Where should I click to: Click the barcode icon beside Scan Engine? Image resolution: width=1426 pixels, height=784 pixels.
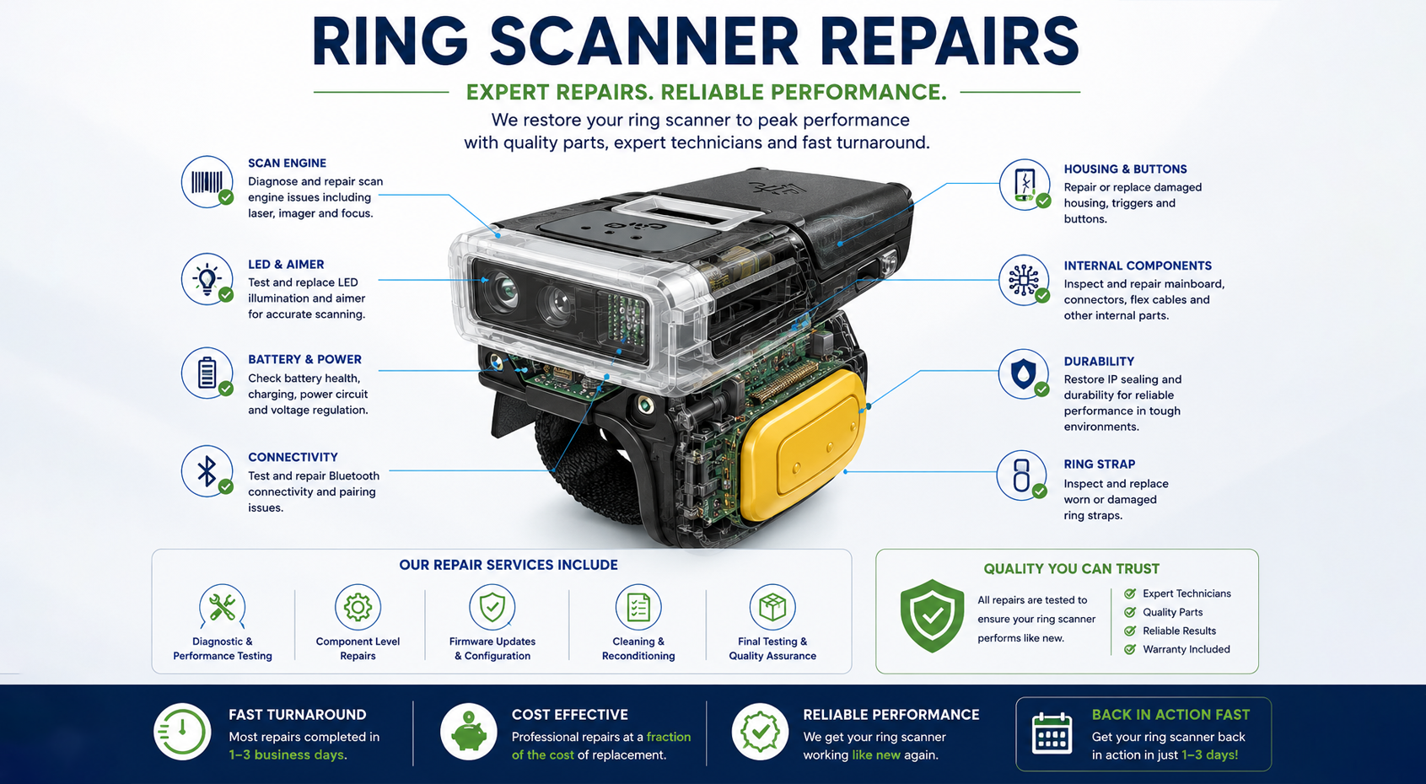pyautogui.click(x=207, y=182)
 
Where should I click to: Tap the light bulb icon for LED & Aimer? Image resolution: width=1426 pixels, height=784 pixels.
pyautogui.click(x=207, y=279)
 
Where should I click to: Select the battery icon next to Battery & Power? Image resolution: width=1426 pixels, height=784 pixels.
pyautogui.click(x=207, y=373)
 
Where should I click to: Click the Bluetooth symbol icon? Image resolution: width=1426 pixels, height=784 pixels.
pyautogui.click(x=207, y=471)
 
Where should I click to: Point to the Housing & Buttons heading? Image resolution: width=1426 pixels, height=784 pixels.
pyautogui.click(x=1125, y=169)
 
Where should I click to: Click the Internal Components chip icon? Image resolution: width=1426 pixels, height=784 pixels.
pyautogui.click(x=1024, y=280)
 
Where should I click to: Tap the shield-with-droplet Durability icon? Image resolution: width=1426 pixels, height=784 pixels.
pyautogui.click(x=1023, y=374)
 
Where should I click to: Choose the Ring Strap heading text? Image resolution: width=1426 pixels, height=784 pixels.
pyautogui.click(x=1100, y=464)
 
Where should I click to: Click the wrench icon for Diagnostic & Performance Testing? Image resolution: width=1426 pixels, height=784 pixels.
pyautogui.click(x=222, y=607)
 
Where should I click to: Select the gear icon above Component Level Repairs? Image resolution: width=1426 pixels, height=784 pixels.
pyautogui.click(x=358, y=607)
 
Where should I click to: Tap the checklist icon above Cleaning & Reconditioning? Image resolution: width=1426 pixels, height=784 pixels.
pyautogui.click(x=638, y=607)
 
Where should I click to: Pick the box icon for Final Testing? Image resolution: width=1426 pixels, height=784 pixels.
pyautogui.click(x=772, y=607)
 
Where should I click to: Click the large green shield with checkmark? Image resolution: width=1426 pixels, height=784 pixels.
pyautogui.click(x=932, y=615)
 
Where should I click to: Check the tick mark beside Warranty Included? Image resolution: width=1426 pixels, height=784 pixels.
pyautogui.click(x=1130, y=649)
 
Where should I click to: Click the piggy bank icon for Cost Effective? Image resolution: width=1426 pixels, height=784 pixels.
pyautogui.click(x=469, y=732)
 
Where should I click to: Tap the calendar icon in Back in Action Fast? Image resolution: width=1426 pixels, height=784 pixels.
pyautogui.click(x=1052, y=733)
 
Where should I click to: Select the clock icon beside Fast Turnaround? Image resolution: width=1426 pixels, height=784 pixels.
pyautogui.click(x=182, y=732)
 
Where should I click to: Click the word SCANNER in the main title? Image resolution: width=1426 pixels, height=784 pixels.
pyautogui.click(x=643, y=41)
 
